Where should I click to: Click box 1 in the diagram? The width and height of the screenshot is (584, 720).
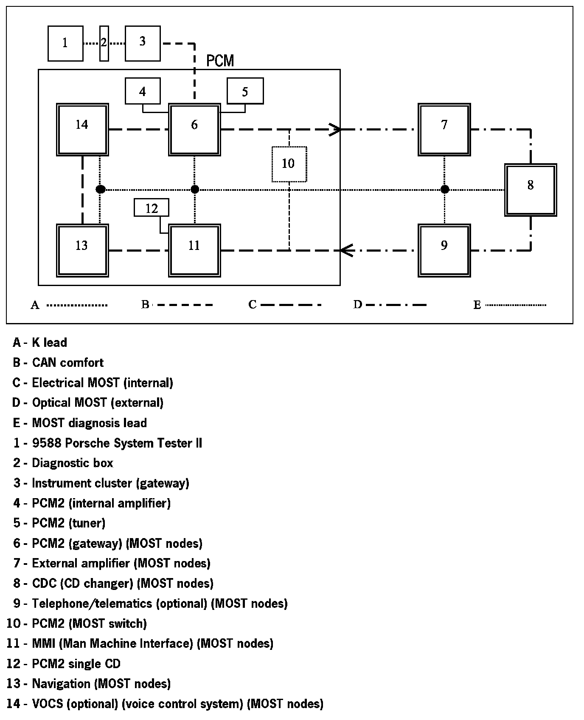point(65,43)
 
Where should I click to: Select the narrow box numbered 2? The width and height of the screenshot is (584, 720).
point(104,43)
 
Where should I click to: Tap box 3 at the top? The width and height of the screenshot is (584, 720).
point(143,43)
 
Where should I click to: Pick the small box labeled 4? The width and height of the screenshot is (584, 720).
point(143,91)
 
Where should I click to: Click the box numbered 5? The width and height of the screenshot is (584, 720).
point(245,91)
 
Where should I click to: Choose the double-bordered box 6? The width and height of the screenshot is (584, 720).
point(194,129)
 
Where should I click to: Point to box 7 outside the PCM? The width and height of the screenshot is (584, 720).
point(444,129)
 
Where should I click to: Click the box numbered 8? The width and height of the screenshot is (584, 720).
point(531,190)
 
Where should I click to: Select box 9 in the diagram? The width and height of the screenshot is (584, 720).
point(444,250)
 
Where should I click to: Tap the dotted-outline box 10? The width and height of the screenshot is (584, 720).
point(289,164)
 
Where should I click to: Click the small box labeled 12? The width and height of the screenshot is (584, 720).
point(152,208)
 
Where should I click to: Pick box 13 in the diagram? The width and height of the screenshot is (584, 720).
point(82,250)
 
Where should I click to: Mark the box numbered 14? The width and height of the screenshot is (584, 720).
point(82,129)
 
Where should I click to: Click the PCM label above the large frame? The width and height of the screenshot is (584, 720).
point(220,61)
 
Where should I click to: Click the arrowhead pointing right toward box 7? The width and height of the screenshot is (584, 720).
point(335,129)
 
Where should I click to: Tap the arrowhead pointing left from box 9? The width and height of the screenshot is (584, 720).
point(346,250)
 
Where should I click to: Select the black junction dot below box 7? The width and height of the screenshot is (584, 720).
point(445,189)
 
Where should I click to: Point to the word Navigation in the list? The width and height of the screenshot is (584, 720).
point(61,684)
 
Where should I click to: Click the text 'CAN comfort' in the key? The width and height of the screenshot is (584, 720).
point(68,363)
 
